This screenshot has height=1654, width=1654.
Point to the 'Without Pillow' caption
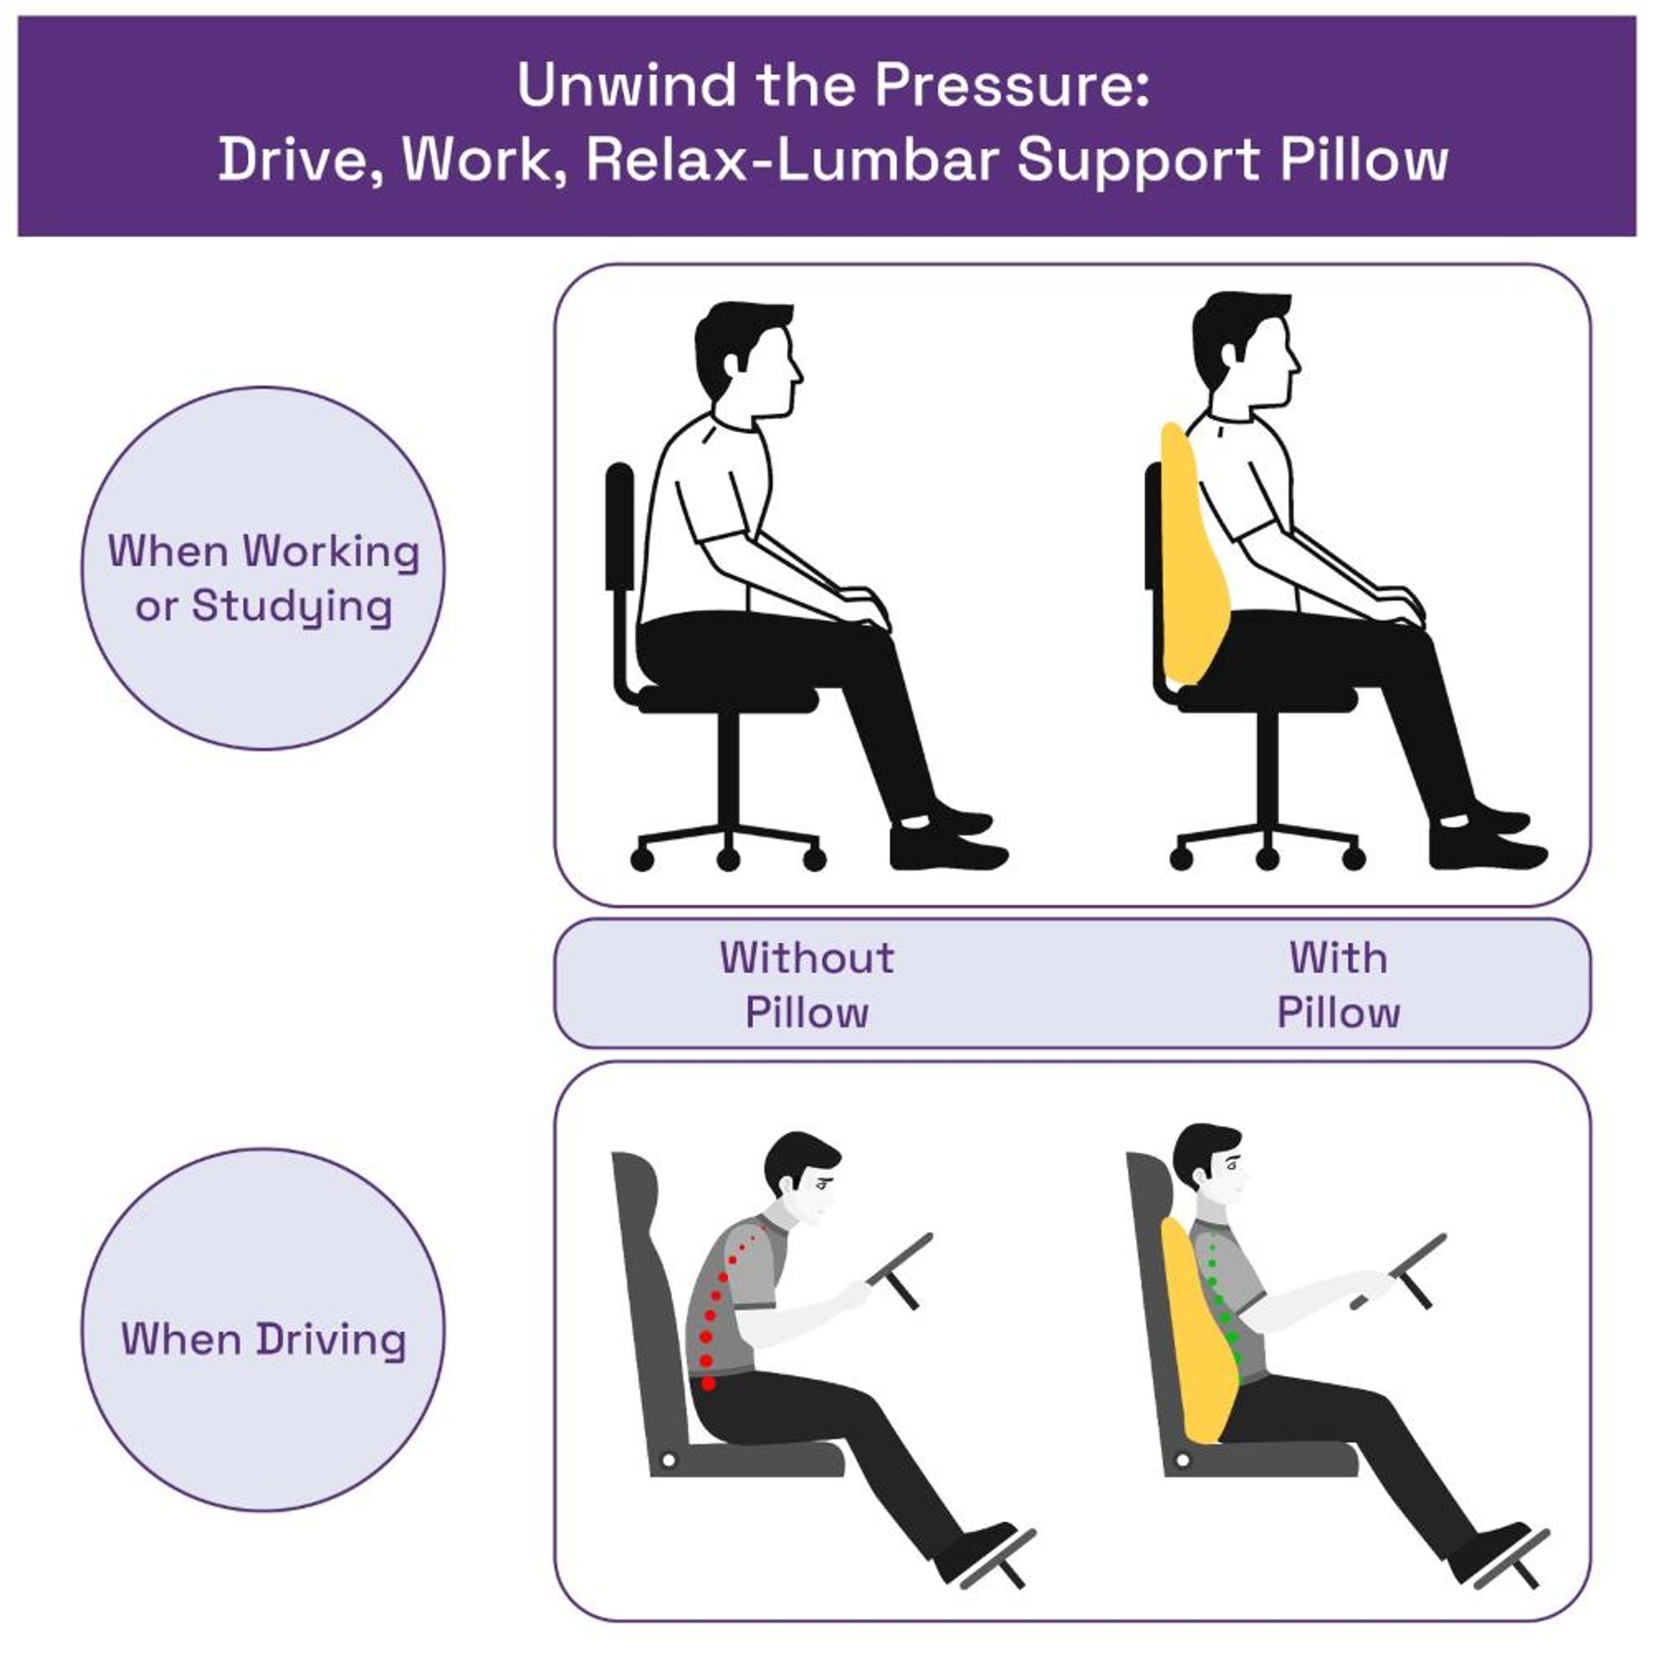coord(806,985)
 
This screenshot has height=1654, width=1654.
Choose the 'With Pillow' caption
coord(1338,985)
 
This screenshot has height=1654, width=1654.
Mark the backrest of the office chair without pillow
coord(619,526)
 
